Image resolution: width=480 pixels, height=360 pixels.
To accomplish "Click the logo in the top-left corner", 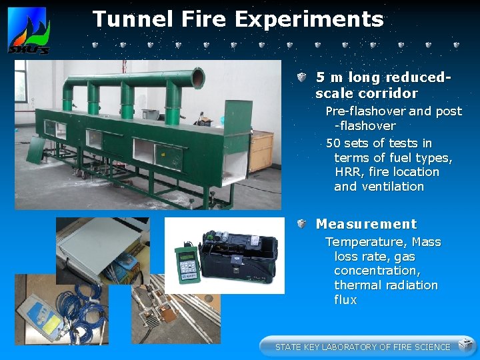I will [x=27, y=31].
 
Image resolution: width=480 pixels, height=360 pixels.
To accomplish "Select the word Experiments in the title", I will [x=309, y=19].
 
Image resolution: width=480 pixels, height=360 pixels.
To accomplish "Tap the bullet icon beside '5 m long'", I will [x=302, y=78].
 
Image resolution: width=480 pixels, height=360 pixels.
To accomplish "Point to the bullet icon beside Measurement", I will [x=302, y=224].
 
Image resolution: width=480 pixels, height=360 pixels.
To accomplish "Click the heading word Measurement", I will [x=366, y=224].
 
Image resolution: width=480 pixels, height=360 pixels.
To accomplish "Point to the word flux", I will [x=345, y=300].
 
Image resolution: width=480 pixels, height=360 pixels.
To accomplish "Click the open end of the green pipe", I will [x=197, y=77].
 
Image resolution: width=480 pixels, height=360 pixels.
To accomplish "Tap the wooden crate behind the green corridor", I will [x=261, y=151].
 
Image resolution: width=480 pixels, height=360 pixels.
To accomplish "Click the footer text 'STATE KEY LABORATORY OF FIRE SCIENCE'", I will [x=363, y=347].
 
